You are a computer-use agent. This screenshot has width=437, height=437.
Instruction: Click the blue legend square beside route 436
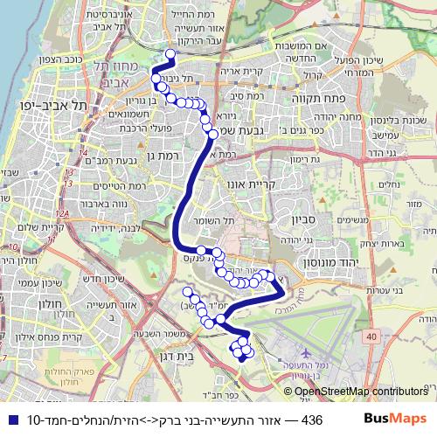pyautogui.click(x=10, y=420)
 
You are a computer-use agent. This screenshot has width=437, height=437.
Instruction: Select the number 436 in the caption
pyautogui.click(x=311, y=420)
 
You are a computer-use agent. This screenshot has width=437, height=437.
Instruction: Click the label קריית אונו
pyautogui.click(x=260, y=185)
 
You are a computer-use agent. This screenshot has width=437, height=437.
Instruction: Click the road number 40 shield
pyautogui.click(x=372, y=336)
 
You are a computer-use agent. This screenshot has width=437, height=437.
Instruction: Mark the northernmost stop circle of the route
pyautogui.click(x=170, y=54)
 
